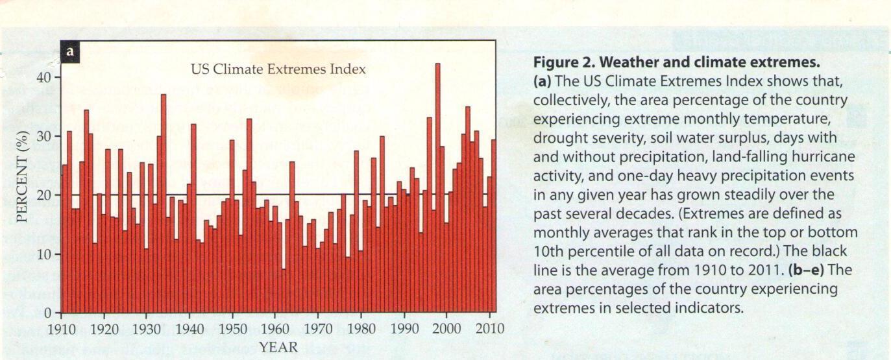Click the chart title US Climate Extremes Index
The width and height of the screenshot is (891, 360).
278,69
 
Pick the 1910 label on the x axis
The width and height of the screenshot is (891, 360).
62,328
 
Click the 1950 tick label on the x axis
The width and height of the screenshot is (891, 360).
233,328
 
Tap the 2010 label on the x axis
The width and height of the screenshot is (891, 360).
489,328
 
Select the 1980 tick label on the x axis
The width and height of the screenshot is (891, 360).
361,328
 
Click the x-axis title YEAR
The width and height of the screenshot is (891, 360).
278,348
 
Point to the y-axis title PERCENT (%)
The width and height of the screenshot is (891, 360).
23,176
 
